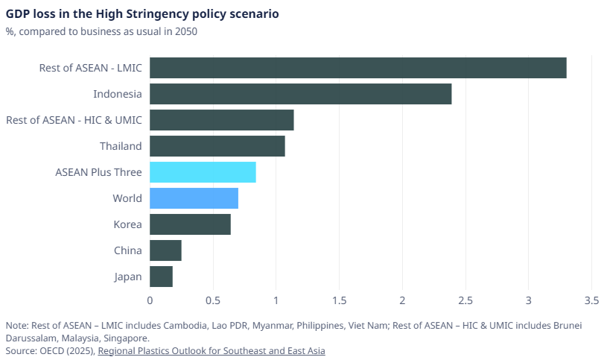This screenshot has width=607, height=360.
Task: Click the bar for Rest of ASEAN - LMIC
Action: [357, 68]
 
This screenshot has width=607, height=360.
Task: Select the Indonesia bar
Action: [300, 94]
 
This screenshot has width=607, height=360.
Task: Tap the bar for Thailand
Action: [217, 146]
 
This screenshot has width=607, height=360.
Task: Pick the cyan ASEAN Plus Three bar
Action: [203, 172]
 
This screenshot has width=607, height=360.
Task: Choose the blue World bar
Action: [194, 198]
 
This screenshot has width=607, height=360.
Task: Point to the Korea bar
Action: [190, 224]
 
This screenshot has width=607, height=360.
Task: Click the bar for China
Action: [165, 250]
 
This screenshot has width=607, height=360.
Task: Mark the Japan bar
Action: [161, 277]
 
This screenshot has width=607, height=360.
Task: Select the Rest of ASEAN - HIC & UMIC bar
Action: [221, 120]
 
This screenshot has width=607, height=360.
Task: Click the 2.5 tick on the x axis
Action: [465, 301]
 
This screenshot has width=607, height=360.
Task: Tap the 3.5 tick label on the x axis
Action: [591, 301]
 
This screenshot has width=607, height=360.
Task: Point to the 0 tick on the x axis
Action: [150, 301]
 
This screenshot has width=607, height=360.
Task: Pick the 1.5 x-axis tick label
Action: [339, 301]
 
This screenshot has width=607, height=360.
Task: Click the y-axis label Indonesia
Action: [117, 94]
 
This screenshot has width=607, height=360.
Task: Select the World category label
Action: [127, 198]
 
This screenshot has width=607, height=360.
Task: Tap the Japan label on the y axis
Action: [127, 277]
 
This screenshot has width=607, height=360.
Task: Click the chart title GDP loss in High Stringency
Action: [143, 14]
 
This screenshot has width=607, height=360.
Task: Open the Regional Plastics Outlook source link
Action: [212, 350]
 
